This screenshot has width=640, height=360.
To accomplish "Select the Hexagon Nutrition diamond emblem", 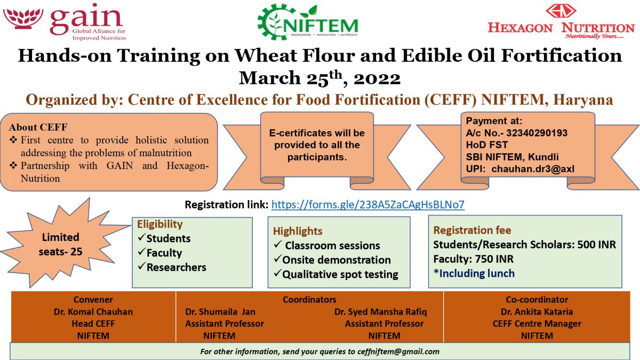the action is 561,11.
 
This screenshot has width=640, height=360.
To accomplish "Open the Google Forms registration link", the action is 367,205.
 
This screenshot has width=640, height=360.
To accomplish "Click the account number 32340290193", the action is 537,133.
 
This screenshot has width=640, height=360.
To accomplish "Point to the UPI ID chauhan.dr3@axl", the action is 533,169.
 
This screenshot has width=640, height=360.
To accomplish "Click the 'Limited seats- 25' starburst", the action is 61,244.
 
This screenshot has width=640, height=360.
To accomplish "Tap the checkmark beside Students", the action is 141,238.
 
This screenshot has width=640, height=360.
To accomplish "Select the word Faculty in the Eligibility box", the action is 164,253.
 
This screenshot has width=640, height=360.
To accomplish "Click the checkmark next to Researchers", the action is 141,267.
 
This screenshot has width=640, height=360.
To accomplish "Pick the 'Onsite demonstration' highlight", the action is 337,260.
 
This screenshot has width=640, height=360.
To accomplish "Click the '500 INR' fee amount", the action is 597,245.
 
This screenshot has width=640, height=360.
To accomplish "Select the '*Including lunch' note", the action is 474,274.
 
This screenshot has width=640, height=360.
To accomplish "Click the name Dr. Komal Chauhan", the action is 93,311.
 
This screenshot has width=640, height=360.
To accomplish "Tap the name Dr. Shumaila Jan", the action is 220,311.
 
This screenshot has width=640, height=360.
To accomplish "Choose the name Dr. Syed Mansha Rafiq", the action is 381,311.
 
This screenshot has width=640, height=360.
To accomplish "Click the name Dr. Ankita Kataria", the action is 537,311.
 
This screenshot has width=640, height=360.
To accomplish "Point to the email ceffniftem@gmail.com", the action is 397,351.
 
